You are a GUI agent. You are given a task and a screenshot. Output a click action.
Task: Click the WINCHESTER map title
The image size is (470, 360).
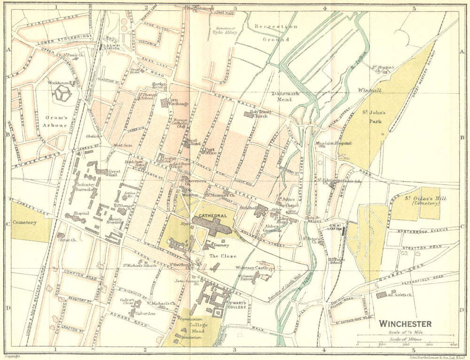click(x=405, y=324)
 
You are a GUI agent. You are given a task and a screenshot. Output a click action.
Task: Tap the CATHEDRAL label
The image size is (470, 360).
click(x=209, y=216)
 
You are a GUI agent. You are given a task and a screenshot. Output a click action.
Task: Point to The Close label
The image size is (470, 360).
click(x=220, y=256)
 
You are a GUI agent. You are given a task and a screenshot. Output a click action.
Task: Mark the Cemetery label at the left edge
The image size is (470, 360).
click(x=24, y=222)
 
